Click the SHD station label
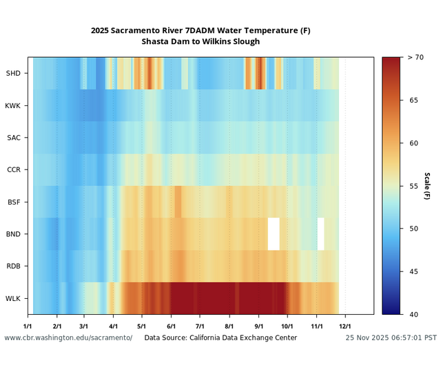[x=13, y=73]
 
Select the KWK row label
[x=13, y=105]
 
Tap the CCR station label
[x=13, y=169]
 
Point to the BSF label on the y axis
[x=13, y=202]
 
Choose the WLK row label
[x=13, y=298]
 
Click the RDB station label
[x=13, y=266]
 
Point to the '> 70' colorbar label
[x=415, y=57]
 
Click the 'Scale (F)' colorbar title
[x=427, y=186]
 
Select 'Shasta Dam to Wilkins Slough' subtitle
[x=201, y=42]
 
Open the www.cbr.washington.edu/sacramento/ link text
[x=68, y=338]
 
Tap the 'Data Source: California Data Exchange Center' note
[x=220, y=338]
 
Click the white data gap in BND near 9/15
[x=274, y=233]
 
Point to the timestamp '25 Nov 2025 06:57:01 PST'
[x=391, y=338]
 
